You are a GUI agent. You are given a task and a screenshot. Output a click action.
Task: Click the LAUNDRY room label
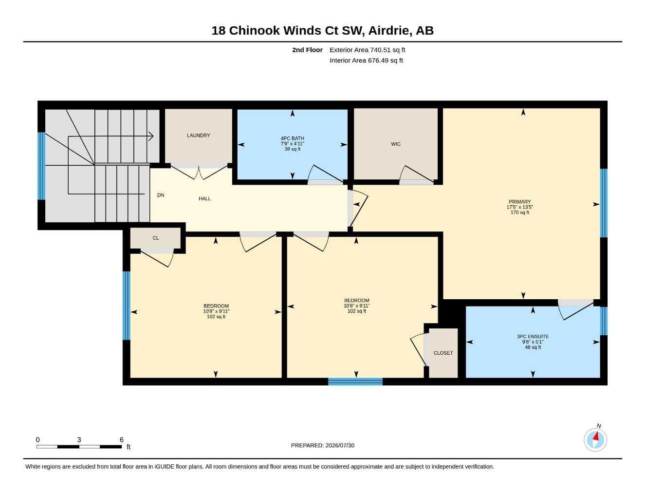[x=198, y=135]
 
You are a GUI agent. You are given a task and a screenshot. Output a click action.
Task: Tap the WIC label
[x=396, y=144]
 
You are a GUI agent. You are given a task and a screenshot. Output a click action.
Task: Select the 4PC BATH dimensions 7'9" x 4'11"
[x=293, y=144]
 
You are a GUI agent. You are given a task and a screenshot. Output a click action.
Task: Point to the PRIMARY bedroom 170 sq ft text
[x=520, y=212]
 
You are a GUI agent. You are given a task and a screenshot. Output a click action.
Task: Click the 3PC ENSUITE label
[x=533, y=337]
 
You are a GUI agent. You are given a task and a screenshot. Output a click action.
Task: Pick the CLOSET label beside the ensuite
[x=443, y=353]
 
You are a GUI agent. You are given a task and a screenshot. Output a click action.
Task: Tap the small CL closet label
[x=156, y=238]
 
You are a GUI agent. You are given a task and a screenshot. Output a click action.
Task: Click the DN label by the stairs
[x=161, y=195]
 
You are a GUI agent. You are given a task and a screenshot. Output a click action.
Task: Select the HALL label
[x=204, y=199]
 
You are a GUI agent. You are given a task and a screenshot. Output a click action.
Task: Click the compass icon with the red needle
[x=595, y=440]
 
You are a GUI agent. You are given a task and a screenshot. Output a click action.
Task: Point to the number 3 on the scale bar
[x=79, y=440]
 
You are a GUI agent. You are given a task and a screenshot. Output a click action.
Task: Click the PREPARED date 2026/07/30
[x=340, y=445]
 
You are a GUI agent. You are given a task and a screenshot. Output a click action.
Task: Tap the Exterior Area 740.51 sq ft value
[x=387, y=50]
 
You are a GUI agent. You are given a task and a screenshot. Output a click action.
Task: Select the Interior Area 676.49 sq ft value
[x=385, y=60]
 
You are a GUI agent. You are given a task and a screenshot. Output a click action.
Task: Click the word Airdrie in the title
[x=390, y=31]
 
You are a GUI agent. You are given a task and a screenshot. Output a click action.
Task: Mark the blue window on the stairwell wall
[x=41, y=166]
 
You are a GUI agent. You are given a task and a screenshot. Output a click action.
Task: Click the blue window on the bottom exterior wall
[x=355, y=382]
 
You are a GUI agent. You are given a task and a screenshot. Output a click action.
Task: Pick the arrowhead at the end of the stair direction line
[x=151, y=136]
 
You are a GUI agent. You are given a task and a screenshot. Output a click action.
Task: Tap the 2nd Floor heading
[x=307, y=50]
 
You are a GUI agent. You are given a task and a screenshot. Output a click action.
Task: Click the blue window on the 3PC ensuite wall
[x=604, y=321]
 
